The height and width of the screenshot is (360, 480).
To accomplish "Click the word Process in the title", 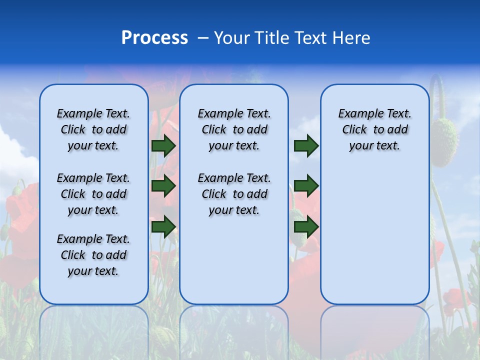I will pos(154,38).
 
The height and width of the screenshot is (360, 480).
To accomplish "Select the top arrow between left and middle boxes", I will pos(163,146).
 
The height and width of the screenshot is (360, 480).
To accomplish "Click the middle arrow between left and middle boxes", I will pos(163,186).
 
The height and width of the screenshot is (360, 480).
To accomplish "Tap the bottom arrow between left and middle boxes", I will pos(163,226).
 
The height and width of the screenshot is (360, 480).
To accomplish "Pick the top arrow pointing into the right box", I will pos(306,146).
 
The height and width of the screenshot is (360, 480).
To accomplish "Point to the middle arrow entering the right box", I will pos(306,186).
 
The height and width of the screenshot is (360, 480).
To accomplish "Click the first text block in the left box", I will pos(93,129).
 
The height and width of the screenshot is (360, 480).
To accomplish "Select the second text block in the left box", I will pos(93,194).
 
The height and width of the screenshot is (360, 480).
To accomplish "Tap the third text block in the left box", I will pos(93,255).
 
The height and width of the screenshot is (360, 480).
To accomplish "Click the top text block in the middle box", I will pos(234,129).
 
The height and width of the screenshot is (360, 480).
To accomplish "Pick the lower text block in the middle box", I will pos(234,194).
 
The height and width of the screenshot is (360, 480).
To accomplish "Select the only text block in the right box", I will pos(374,129).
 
